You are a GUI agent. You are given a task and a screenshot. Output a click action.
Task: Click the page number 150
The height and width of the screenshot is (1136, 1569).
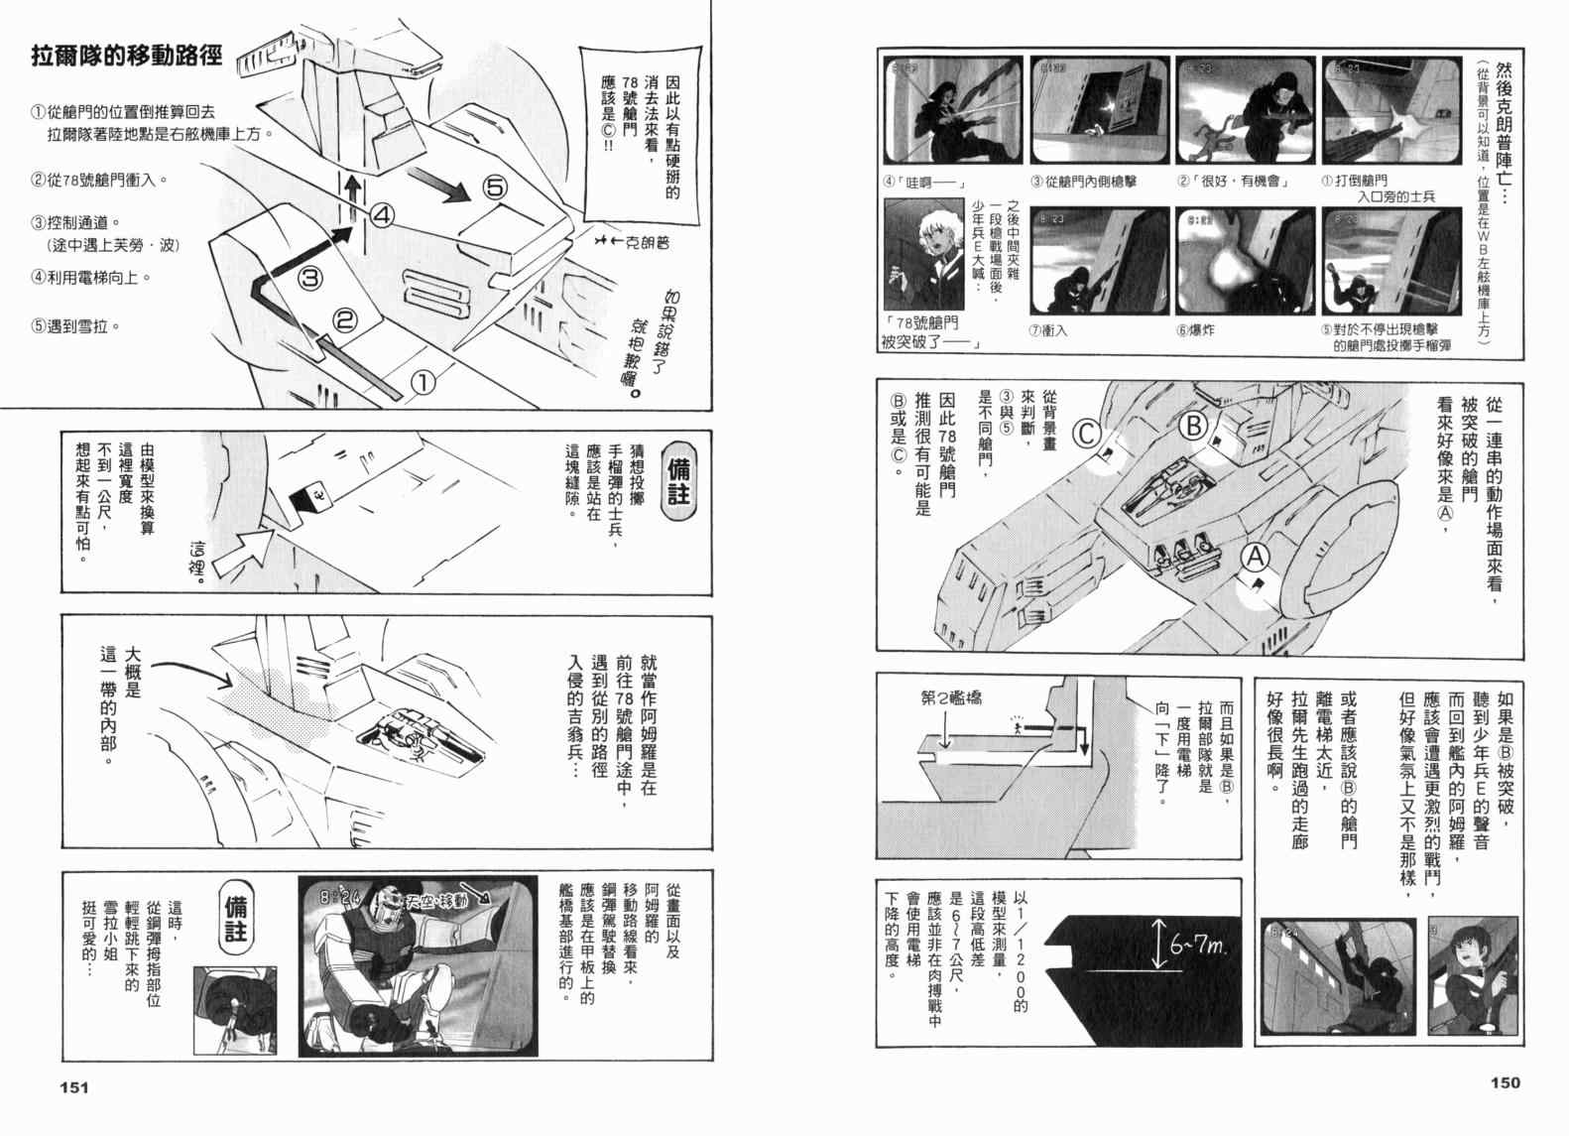click(1504, 1082)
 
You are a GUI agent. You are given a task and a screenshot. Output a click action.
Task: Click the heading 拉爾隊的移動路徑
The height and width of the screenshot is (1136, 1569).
click(126, 56)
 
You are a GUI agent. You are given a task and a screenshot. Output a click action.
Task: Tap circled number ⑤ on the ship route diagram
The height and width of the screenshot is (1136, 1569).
click(496, 187)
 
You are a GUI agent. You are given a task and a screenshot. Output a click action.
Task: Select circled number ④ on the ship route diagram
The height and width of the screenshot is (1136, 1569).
click(384, 213)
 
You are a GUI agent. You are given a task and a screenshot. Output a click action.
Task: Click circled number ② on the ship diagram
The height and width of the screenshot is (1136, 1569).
click(344, 319)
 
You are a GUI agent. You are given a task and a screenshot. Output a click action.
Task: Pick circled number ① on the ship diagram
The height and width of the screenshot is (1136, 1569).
click(422, 382)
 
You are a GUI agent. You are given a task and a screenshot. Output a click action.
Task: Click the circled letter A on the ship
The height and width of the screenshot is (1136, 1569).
click(1256, 560)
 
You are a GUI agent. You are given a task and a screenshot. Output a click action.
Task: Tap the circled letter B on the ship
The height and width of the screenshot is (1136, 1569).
click(1194, 427)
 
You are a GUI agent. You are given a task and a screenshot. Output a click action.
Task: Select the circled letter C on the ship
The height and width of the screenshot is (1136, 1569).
click(1088, 435)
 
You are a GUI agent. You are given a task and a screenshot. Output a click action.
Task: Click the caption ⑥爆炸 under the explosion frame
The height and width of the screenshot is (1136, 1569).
click(1195, 330)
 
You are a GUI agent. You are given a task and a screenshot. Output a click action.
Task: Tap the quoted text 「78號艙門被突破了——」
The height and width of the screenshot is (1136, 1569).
click(930, 332)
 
